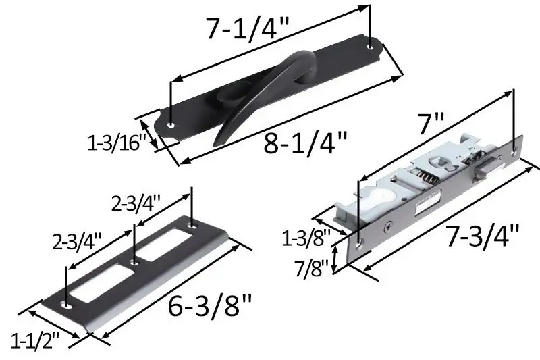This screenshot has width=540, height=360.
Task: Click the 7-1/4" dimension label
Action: [248, 28]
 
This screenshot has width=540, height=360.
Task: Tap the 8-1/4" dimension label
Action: [306, 143]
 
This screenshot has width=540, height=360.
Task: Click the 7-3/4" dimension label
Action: [483, 236]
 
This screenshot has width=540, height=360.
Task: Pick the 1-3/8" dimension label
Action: [306, 238]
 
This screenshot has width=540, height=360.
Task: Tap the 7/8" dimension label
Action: [312, 268]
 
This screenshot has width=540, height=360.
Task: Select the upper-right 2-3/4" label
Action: [136, 203]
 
